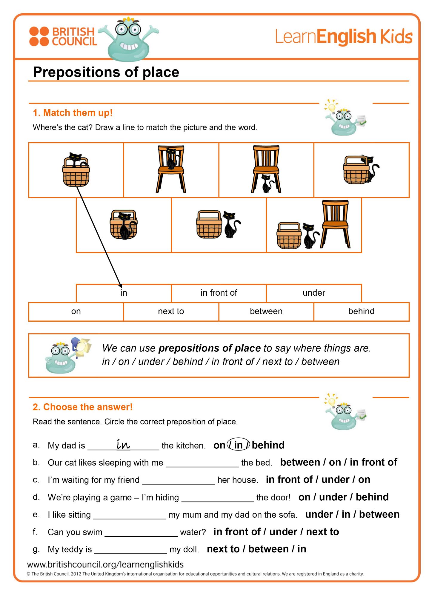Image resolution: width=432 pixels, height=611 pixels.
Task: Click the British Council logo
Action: coord(63,36)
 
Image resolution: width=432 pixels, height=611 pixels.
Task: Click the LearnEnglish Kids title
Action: coord(343,36)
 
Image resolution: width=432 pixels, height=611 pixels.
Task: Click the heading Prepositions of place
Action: coord(106,72)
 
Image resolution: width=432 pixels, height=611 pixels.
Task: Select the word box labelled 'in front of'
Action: coord(219,293)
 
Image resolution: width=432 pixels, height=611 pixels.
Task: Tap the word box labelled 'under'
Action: coord(314,293)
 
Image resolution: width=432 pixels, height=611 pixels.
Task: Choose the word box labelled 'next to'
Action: coord(171,311)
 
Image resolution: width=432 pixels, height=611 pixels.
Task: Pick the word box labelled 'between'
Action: coord(266,311)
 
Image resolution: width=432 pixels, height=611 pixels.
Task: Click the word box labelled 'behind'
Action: coord(361,311)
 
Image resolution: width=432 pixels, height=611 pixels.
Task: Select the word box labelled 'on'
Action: coord(76,311)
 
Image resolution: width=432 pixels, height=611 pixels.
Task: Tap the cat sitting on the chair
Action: coord(171,159)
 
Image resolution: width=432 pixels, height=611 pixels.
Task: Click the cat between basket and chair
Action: coord(310,236)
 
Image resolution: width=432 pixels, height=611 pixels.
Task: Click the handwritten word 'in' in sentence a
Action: coord(123,444)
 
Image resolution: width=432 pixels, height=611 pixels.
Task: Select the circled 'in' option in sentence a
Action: coord(238,445)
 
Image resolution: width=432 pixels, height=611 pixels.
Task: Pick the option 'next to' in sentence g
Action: coord(223,549)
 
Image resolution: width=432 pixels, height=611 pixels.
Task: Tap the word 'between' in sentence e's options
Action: coord(379,514)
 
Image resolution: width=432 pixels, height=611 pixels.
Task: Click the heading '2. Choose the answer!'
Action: coord(82,407)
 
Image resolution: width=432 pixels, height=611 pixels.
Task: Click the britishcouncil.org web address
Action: coord(105,564)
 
